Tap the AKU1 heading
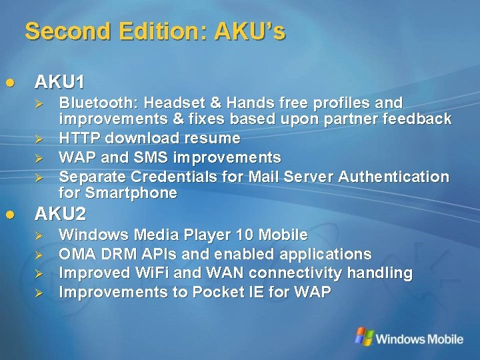[59, 83]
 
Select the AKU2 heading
[59, 215]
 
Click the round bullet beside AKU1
[10, 83]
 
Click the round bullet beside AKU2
[10, 215]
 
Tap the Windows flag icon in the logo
[364, 337]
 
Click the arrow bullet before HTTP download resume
[39, 139]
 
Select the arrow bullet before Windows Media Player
[39, 235]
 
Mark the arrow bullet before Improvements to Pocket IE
[39, 293]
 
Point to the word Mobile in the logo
[442, 339]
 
